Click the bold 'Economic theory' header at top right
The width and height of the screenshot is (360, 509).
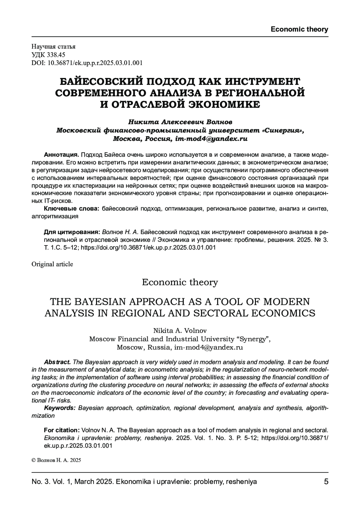coord(299,29)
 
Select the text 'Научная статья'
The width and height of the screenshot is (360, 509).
coord(53,46)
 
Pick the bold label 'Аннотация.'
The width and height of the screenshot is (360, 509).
coord(61,155)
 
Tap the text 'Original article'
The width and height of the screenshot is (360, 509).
coord(52,264)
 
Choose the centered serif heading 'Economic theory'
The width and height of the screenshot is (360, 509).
coord(180,282)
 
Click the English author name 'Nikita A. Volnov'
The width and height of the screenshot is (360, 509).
coord(180,331)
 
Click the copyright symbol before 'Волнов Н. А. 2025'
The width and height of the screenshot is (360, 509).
coord(34,460)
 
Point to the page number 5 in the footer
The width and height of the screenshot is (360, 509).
coord(326,482)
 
